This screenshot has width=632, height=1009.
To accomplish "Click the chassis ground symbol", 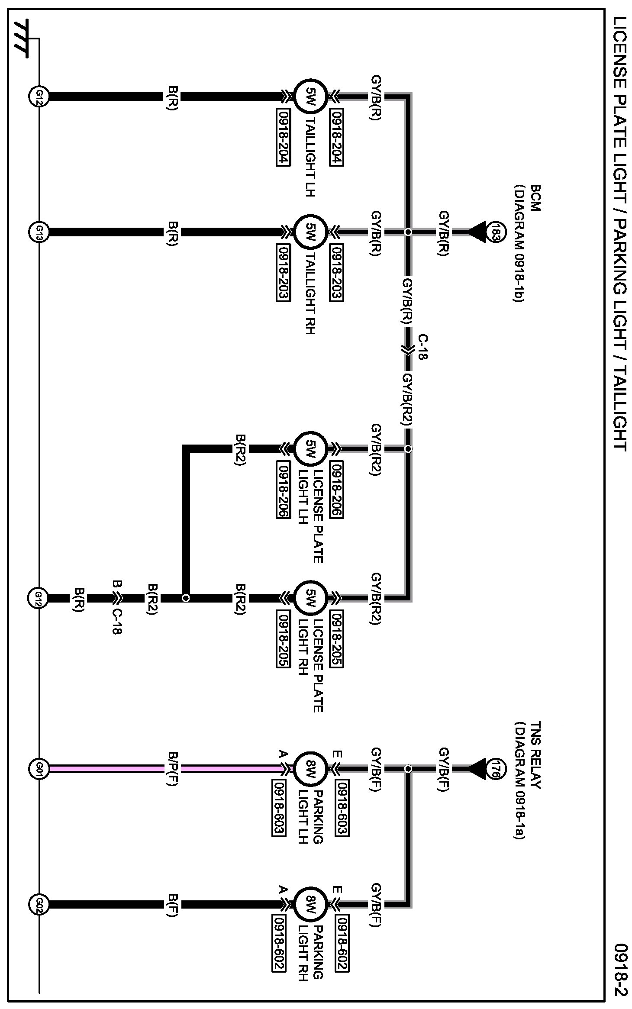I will (x=22, y=38).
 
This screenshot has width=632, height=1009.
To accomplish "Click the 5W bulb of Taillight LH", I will (x=310, y=96).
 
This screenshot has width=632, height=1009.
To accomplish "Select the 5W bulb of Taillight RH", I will (x=310, y=232).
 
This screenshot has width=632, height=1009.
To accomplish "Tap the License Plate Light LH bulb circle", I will (x=310, y=449).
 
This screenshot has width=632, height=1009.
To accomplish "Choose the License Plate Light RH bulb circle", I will (x=310, y=598).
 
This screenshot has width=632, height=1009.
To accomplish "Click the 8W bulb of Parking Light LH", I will (x=310, y=769).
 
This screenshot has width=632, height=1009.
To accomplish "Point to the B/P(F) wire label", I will (x=172, y=769).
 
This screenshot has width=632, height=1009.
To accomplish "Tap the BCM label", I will (x=535, y=198).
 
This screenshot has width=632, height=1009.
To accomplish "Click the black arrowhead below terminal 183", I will (x=477, y=232).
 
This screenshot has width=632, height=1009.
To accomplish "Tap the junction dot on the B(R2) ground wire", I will (x=186, y=598).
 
